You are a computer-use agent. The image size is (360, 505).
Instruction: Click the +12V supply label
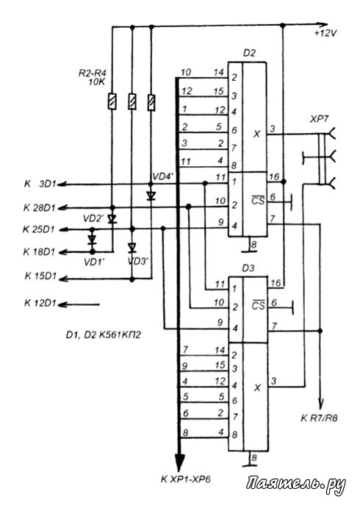[326, 34]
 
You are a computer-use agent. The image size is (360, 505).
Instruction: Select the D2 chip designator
[249, 53]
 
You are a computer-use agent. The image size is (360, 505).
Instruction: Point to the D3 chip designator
[248, 268]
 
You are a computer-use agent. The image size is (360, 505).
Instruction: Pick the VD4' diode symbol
[151, 196]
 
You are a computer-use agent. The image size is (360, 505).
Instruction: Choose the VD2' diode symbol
[112, 218]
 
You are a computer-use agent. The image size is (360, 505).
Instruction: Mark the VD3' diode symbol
[132, 247]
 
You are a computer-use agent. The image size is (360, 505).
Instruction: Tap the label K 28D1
[39, 208]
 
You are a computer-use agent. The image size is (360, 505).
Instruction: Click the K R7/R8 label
[319, 418]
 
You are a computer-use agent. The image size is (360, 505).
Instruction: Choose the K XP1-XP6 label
[186, 479]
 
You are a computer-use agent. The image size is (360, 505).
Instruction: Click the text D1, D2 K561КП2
[104, 335]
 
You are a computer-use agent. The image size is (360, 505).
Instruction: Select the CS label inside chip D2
[258, 200]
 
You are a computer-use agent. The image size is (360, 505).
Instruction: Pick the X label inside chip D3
[257, 388]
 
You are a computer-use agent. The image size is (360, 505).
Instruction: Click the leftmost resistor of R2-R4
[112, 101]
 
